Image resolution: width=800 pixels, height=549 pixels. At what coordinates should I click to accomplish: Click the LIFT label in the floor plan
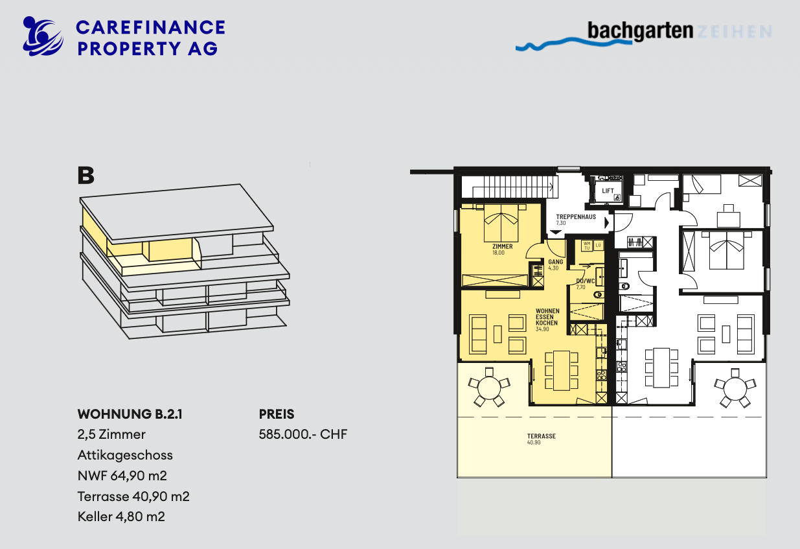click(608, 191)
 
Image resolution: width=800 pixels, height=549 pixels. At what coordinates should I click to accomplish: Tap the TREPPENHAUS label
click(576, 217)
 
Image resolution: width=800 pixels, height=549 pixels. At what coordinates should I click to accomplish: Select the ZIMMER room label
click(502, 247)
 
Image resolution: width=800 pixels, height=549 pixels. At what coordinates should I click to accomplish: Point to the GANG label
click(554, 262)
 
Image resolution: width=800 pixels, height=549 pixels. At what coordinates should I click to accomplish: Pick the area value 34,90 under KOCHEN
click(542, 329)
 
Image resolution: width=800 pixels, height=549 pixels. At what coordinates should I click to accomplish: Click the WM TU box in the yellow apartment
click(587, 246)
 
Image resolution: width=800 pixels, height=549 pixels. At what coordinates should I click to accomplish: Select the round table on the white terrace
click(733, 389)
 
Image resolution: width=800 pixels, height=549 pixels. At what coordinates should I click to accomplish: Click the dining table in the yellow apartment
click(561, 370)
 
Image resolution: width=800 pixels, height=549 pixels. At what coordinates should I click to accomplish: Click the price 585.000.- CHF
click(303, 434)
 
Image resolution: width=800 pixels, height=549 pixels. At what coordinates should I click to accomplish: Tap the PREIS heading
click(277, 414)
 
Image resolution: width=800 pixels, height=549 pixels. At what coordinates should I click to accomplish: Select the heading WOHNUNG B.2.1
click(130, 414)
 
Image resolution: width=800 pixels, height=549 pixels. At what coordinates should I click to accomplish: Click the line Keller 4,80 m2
click(121, 517)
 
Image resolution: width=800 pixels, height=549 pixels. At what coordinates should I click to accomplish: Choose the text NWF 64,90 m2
click(122, 475)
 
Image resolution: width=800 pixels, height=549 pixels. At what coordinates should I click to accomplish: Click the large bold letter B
click(86, 176)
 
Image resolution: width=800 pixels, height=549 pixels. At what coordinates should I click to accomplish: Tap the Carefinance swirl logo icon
click(42, 36)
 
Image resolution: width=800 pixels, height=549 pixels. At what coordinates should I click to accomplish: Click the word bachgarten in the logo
click(641, 30)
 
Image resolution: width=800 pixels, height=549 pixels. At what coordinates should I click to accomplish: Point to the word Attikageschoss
click(125, 454)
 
